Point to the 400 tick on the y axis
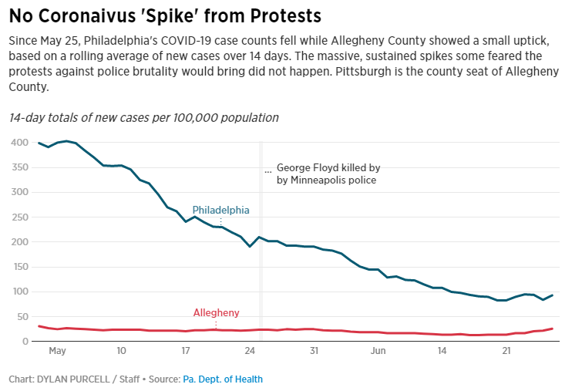(x=19, y=143)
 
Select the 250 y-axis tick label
(x=19, y=217)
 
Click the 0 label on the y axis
(x=25, y=342)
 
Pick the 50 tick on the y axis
(x=22, y=317)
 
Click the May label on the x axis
(x=57, y=351)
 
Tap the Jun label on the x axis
(x=378, y=351)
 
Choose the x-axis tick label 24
(x=250, y=351)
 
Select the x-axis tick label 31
(x=314, y=351)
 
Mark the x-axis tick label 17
(x=185, y=351)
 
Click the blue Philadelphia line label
(x=220, y=210)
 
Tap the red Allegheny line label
(x=216, y=313)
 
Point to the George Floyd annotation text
(x=328, y=174)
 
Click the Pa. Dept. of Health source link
(x=223, y=379)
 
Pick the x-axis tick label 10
(x=121, y=351)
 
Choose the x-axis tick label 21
(x=506, y=351)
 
